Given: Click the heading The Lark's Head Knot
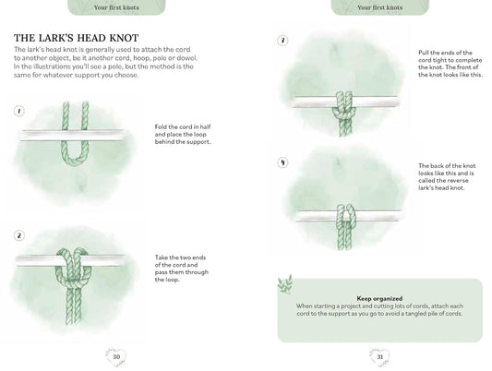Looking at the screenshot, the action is click(76, 38).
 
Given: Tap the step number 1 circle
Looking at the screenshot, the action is click(19, 111).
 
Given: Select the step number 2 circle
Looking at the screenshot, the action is click(19, 235).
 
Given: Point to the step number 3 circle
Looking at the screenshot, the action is click(282, 41).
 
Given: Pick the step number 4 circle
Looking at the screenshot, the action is click(282, 162).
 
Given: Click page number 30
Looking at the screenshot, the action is click(116, 357).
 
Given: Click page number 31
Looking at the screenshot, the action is click(380, 357).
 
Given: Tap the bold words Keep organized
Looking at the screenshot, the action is click(379, 299).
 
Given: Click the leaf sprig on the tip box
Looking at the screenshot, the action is click(285, 284).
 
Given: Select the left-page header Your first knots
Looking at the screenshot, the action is click(116, 7).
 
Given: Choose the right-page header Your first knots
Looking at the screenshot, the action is click(380, 7).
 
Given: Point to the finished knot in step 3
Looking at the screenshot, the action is click(344, 111).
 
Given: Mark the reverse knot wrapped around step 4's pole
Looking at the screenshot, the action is click(346, 216).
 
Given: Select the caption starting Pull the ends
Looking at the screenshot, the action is click(450, 64).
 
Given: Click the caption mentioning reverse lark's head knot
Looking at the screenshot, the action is click(447, 177).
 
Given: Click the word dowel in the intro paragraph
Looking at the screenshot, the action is click(186, 58).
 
